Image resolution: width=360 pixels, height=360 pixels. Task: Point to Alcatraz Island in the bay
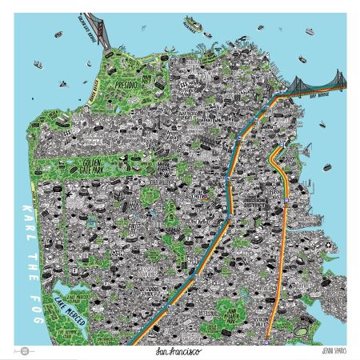pyautogui.click(x=192, y=23)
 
